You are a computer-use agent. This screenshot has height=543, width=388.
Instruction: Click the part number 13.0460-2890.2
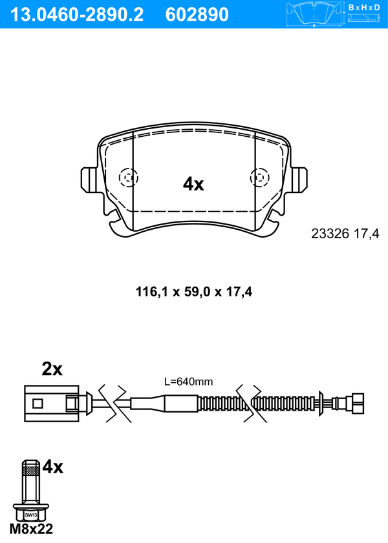(77, 15)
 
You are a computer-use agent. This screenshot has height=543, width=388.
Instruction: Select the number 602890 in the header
(197, 15)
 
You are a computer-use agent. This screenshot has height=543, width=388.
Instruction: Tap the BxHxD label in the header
(364, 7)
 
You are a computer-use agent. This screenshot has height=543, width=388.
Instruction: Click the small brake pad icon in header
(314, 15)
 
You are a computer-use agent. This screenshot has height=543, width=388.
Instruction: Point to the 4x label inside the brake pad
(193, 184)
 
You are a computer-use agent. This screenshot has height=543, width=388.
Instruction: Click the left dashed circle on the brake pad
(128, 178)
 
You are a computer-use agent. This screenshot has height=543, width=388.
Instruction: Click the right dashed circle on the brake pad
(260, 178)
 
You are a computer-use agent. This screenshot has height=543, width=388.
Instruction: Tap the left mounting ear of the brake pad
(89, 179)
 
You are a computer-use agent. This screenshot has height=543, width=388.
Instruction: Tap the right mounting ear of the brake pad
(299, 179)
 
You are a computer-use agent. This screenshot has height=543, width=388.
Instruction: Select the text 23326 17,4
(345, 234)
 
